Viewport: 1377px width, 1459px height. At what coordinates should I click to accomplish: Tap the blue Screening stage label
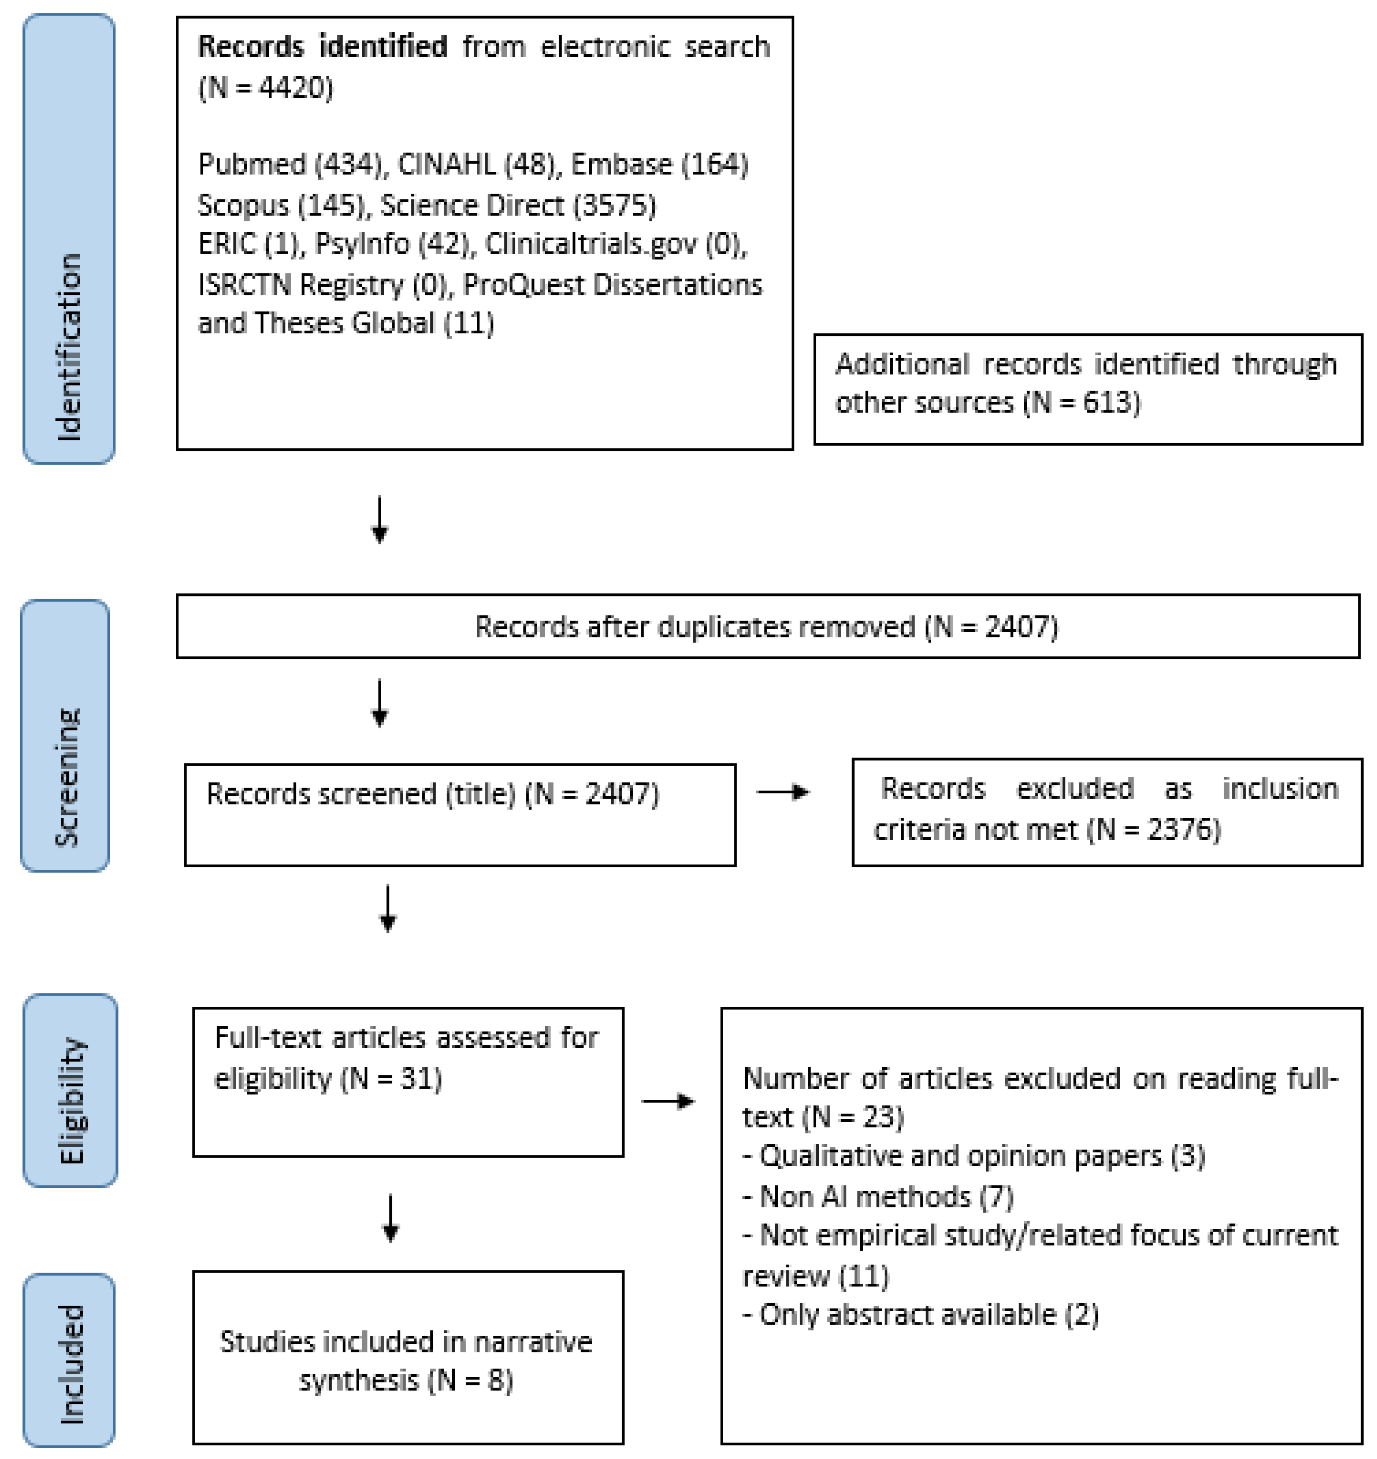point(65,736)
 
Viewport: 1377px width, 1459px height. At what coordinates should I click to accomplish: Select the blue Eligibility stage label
point(71,1090)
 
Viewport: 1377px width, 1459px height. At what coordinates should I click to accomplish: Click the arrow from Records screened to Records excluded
point(783,792)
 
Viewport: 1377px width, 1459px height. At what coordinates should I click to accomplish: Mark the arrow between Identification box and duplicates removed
point(379,520)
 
